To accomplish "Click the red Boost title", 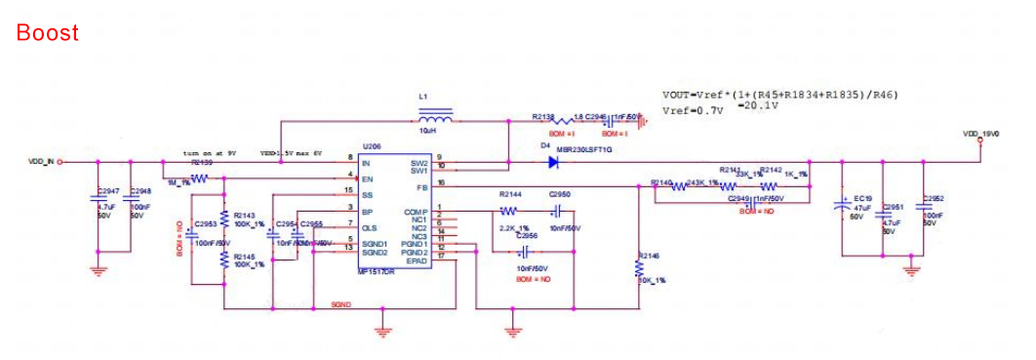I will click(47, 32).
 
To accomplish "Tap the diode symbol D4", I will click(552, 162).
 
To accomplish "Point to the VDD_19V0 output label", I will click(980, 135).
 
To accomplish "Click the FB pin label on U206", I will click(421, 185).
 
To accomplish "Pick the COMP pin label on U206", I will click(416, 211).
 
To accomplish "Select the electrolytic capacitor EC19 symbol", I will click(842, 206).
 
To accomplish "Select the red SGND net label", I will click(340, 305).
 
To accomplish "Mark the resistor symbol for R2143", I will click(224, 217).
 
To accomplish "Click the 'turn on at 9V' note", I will click(211, 153).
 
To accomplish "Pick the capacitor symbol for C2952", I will click(924, 208).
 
